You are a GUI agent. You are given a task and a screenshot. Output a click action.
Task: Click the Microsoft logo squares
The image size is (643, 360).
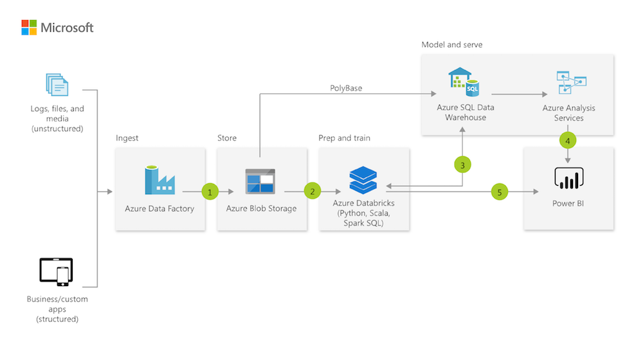29,28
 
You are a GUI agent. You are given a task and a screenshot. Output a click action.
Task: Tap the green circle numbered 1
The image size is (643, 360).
210,192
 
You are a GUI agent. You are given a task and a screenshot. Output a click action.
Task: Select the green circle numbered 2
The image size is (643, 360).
312,191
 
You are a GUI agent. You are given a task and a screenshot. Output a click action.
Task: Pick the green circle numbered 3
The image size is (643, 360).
462,165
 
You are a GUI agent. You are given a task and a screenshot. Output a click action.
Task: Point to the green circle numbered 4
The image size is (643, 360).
568,141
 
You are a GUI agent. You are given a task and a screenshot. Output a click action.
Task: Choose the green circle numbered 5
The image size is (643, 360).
500,192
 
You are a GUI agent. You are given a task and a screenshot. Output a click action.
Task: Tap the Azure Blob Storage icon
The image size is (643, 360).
260,181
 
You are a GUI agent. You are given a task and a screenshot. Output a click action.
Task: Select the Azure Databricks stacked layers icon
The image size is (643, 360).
363,180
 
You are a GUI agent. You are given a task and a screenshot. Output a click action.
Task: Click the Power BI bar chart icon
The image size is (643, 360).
569,178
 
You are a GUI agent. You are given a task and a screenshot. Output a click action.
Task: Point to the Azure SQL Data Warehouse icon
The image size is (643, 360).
464,82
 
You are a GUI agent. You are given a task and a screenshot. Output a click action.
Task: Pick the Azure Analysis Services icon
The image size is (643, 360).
571,82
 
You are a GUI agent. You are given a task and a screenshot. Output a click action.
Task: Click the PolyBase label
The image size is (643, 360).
346,88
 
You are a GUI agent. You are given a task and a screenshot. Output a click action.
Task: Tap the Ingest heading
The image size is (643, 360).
127,138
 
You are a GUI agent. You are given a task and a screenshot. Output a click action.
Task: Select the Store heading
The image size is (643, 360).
227,138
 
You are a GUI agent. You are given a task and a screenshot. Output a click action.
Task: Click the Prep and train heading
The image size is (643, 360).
345,138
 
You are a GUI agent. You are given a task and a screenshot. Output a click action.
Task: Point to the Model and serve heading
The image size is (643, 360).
452,45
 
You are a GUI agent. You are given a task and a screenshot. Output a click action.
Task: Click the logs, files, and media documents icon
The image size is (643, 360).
57,84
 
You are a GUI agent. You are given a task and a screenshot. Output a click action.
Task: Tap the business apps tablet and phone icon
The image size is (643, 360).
56,272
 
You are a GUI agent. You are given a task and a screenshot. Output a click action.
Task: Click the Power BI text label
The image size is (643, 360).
568,203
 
